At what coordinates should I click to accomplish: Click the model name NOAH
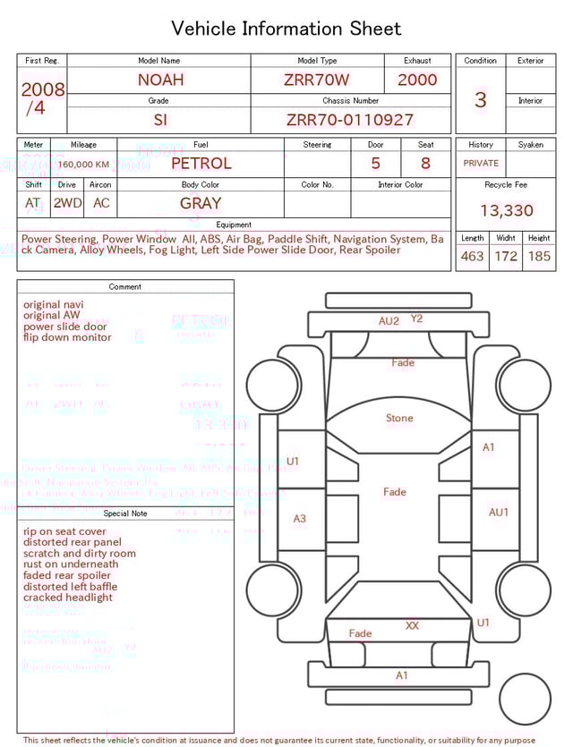pyautogui.click(x=160, y=80)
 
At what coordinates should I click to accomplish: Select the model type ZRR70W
pyautogui.click(x=317, y=80)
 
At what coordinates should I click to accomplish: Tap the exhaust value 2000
pyautogui.click(x=417, y=80)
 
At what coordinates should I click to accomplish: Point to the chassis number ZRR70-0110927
pyautogui.click(x=350, y=120)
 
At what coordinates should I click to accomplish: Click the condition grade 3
pyautogui.click(x=480, y=99)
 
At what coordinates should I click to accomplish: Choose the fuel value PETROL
pyautogui.click(x=201, y=164)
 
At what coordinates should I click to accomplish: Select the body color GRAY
pyautogui.click(x=201, y=203)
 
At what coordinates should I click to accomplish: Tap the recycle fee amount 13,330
pyautogui.click(x=506, y=211)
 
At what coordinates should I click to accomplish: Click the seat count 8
pyautogui.click(x=425, y=164)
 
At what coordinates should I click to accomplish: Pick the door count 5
pyautogui.click(x=375, y=164)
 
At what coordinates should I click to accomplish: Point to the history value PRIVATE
pyautogui.click(x=481, y=164)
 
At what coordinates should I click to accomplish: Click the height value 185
pyautogui.click(x=539, y=257)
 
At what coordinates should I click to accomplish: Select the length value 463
pyautogui.click(x=472, y=257)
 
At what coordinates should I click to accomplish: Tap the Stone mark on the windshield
pyautogui.click(x=399, y=418)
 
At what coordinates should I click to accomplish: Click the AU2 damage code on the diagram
pyautogui.click(x=389, y=321)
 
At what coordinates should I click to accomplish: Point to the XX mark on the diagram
pyautogui.click(x=412, y=626)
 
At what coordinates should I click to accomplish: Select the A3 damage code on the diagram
pyautogui.click(x=300, y=519)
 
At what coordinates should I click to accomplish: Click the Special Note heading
pyautogui.click(x=125, y=514)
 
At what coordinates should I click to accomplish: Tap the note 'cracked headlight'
pyautogui.click(x=68, y=598)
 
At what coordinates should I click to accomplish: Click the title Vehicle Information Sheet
pyautogui.click(x=286, y=29)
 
